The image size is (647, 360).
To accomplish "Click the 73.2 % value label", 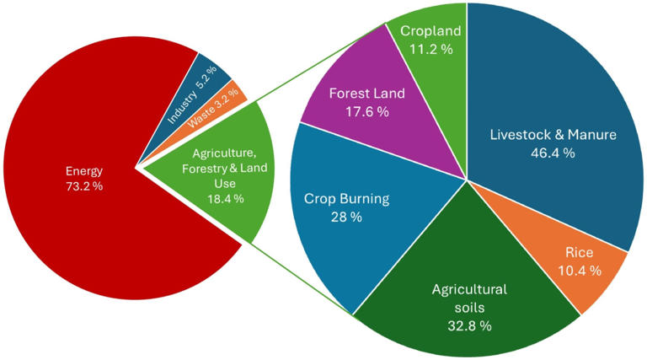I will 83,186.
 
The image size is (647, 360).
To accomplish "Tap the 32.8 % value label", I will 469,325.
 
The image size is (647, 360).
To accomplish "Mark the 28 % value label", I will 345,217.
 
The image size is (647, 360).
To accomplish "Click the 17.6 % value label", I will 367,112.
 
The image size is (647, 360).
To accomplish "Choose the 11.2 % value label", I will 430,50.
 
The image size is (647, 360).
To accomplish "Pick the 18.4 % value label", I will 223,198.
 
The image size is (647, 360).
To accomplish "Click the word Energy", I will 84,171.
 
